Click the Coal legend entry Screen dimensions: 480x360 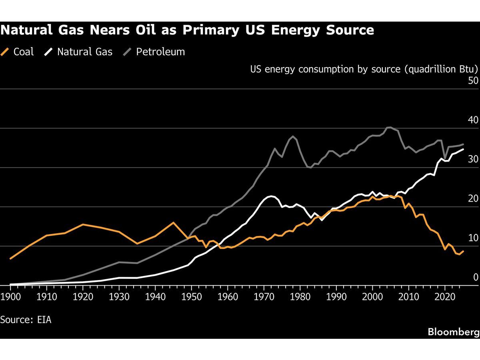point(17,52)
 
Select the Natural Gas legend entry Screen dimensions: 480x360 point(78,52)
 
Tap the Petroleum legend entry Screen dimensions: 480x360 point(154,52)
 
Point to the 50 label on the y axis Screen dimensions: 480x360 point(473,81)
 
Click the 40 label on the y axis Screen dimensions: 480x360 point(473,120)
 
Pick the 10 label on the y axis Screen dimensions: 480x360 point(473,238)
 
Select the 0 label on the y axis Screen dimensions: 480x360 point(476,277)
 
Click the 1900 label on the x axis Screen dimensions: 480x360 point(10,297)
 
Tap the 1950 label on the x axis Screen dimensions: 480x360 point(192,297)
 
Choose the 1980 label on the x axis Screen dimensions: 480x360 point(300,297)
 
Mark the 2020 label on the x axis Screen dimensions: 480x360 point(445,297)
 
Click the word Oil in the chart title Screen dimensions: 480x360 point(146,30)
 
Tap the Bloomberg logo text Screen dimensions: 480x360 point(454,332)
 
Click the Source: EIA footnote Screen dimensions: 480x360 point(26,320)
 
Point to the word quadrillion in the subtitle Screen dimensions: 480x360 point(432,69)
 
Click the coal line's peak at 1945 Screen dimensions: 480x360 point(174,222)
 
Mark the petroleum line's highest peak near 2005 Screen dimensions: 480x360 point(389,127)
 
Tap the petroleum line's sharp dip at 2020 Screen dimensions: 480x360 point(445,158)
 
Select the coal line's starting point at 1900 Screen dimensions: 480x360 point(10,258)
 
